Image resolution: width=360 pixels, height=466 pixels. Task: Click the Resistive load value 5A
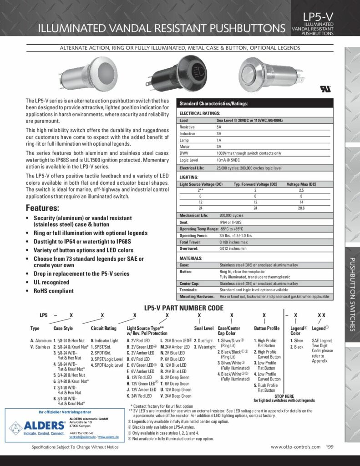click(x=219, y=127)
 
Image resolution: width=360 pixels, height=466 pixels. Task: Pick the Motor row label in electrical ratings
click(x=185, y=147)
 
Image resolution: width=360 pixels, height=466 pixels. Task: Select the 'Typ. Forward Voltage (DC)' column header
click(x=255, y=184)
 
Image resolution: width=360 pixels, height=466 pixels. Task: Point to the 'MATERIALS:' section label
click(x=191, y=258)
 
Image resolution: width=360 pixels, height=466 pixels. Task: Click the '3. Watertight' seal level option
click(x=203, y=347)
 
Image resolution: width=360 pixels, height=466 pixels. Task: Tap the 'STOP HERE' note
click(x=284, y=396)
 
